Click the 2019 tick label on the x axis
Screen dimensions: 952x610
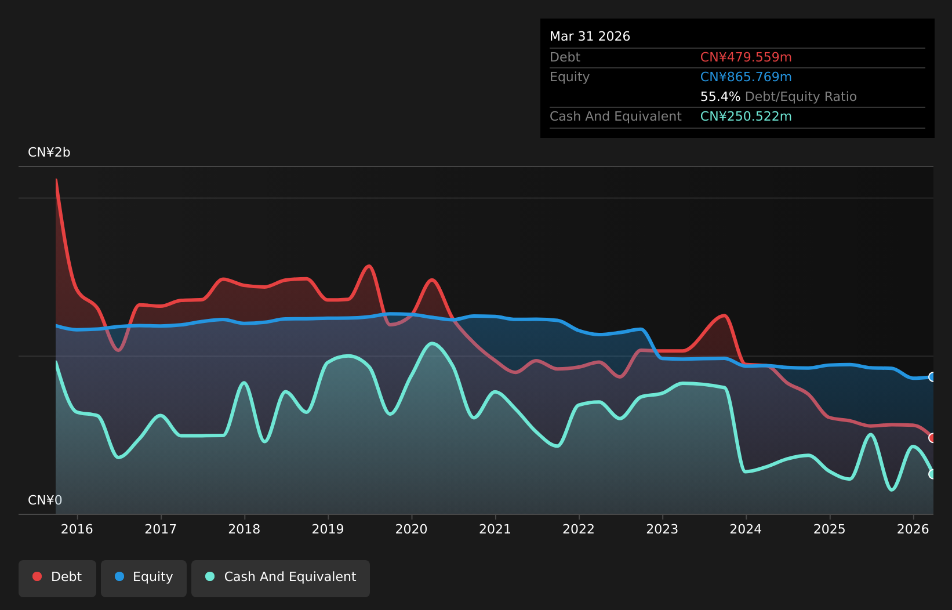[328, 529]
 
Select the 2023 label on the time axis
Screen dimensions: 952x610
[662, 529]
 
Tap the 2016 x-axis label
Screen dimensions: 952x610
[77, 529]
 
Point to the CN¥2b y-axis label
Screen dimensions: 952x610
[49, 152]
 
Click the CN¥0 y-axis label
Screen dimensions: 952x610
[45, 500]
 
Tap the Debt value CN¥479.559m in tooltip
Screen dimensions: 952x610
[746, 57]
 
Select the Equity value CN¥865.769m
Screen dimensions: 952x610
[746, 77]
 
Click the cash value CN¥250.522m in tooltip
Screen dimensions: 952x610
[746, 116]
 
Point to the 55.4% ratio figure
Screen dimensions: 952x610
[720, 96]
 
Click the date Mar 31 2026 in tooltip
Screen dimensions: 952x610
[590, 36]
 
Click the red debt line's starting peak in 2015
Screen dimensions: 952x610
[56, 180]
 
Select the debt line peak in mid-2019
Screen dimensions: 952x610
[369, 266]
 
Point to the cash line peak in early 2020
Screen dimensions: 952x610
[432, 343]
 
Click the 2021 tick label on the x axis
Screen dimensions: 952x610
[495, 529]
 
